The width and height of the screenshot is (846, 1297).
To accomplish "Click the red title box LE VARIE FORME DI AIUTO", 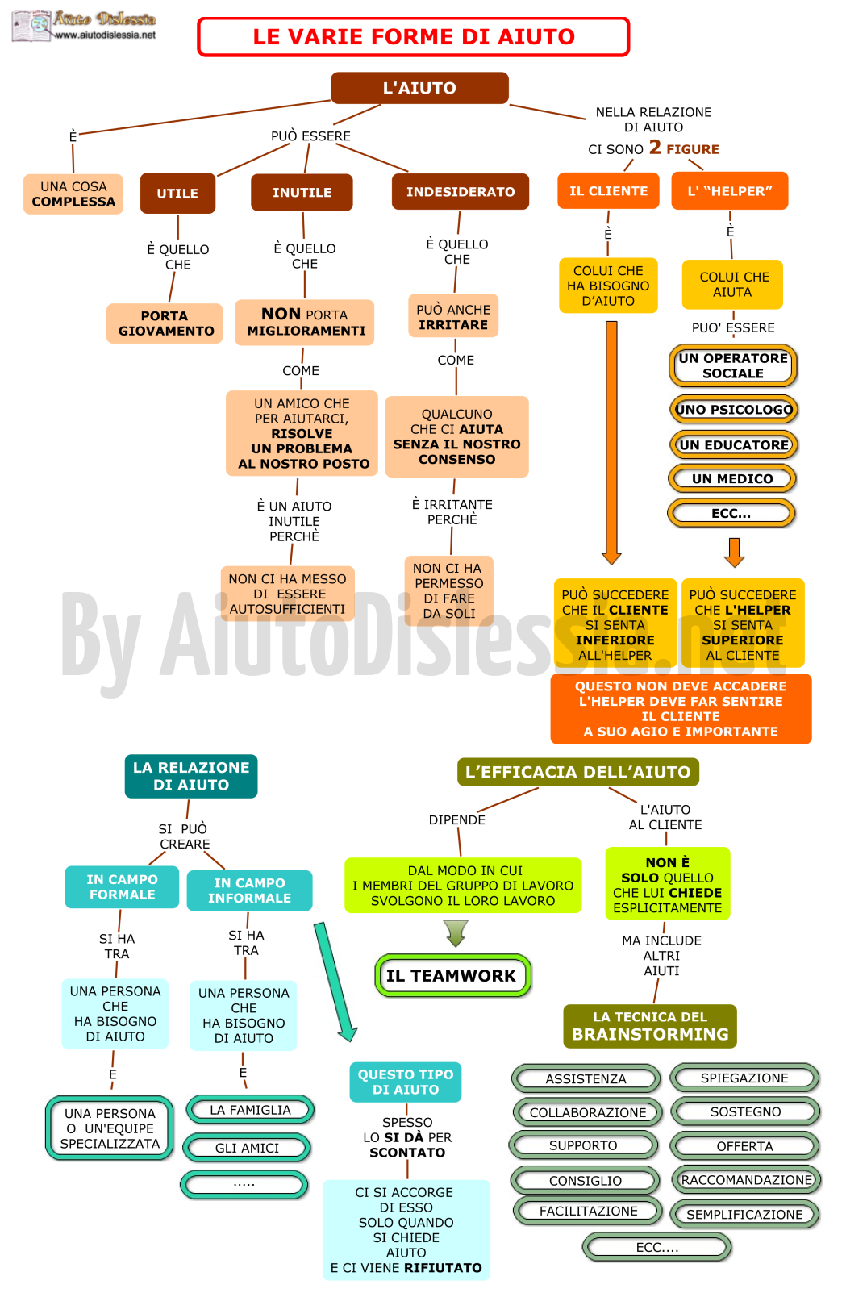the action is [x=413, y=36].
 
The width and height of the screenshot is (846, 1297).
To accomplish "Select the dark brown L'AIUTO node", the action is [x=419, y=88].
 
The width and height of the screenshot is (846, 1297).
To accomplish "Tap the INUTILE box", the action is [x=302, y=192].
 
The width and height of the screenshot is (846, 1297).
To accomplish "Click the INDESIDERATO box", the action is [x=461, y=192].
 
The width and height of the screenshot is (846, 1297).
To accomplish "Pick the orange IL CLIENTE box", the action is [x=608, y=190].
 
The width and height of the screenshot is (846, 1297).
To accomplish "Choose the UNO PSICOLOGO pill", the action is [x=733, y=410].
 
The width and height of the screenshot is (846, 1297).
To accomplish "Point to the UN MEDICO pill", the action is [x=732, y=479].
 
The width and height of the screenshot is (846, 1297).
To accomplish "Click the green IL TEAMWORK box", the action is [x=452, y=976].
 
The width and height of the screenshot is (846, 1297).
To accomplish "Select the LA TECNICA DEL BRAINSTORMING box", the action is [x=650, y=1026].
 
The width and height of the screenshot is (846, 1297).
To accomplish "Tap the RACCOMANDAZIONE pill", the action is [x=746, y=1180].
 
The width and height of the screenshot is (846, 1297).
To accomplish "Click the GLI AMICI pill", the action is [x=248, y=1148].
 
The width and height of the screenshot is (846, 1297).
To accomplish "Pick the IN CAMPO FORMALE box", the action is [x=122, y=887].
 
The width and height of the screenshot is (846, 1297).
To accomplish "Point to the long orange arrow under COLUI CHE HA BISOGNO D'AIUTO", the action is [x=611, y=443].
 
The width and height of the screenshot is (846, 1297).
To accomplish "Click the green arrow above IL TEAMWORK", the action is [x=456, y=932].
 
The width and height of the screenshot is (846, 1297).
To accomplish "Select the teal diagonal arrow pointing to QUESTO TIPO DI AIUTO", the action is [x=335, y=982].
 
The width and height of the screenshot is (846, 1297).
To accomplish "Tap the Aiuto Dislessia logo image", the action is [x=33, y=26].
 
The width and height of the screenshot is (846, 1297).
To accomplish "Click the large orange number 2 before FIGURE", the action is [x=655, y=147].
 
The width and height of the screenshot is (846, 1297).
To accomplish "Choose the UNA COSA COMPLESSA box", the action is [x=73, y=194].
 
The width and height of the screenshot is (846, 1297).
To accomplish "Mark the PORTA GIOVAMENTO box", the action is [x=165, y=323].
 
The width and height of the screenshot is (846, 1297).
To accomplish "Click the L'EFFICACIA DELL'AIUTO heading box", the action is [x=578, y=772].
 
